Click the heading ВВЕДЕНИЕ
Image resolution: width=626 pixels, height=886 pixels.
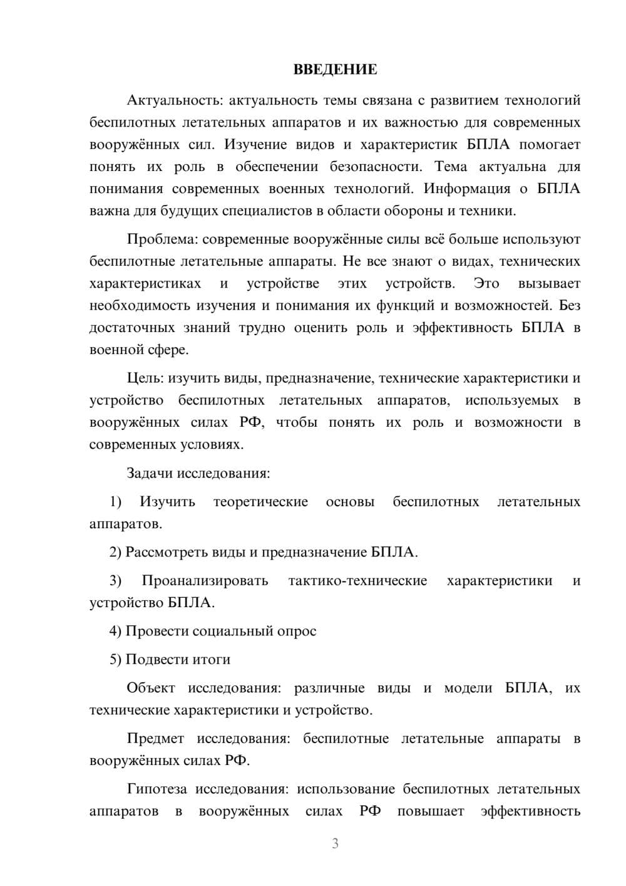point(336,70)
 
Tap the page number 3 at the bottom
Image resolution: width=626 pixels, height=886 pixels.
point(335,843)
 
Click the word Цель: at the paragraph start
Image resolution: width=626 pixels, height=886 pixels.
point(145,378)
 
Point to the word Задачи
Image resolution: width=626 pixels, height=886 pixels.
point(150,473)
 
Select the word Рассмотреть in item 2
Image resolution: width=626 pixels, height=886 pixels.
point(165,552)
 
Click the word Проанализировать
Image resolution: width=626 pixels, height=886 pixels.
point(205,581)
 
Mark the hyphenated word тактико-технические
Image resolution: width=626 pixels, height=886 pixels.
point(357,581)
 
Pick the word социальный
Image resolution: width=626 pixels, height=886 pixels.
point(232,631)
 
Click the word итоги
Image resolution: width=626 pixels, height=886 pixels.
point(212,659)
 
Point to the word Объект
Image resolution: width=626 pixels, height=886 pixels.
point(151,688)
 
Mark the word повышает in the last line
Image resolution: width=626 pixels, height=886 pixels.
point(431,811)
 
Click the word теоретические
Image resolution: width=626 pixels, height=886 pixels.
point(260,502)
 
